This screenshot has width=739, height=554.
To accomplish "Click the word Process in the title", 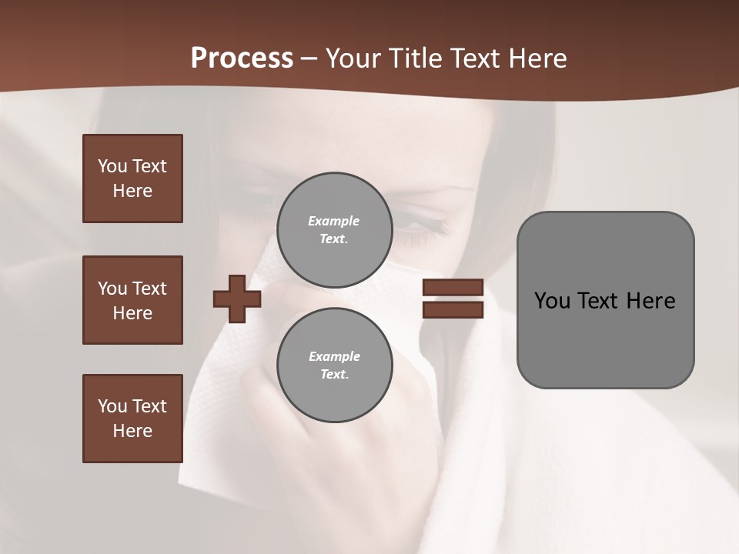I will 242,58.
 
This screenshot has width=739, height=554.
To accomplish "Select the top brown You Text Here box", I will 132,179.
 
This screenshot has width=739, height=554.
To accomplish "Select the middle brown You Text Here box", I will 132,300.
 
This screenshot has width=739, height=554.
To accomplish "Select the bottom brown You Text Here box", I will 132,419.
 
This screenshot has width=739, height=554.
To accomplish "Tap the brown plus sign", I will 237,299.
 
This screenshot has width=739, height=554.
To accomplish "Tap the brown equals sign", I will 453,299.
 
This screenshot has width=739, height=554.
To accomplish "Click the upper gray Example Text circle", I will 334,230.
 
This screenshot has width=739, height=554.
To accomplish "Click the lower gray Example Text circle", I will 334,365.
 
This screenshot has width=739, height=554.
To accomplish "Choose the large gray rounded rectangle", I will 605,300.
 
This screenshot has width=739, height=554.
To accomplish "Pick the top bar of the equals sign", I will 453,288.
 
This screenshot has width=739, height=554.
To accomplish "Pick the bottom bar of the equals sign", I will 453,309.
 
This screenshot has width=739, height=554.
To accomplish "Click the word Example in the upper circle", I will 334,221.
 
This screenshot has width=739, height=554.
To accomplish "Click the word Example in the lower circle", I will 334,356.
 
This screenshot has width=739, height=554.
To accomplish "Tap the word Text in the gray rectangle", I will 599,301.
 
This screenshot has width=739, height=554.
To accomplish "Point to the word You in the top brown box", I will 112,166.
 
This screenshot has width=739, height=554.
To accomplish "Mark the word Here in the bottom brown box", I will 132,431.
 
